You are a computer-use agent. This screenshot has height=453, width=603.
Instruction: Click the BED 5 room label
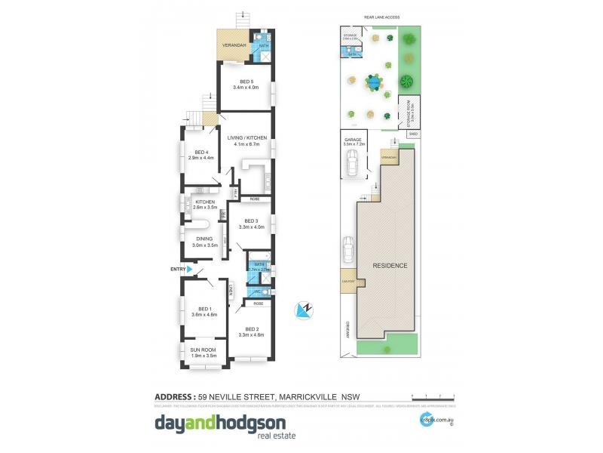pos(246,81)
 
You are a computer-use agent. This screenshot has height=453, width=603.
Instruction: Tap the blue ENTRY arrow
pos(191,269)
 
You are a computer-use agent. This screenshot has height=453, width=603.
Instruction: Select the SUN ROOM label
pos(204,350)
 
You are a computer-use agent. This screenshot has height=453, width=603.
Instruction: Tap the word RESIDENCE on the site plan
pos(390,266)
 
